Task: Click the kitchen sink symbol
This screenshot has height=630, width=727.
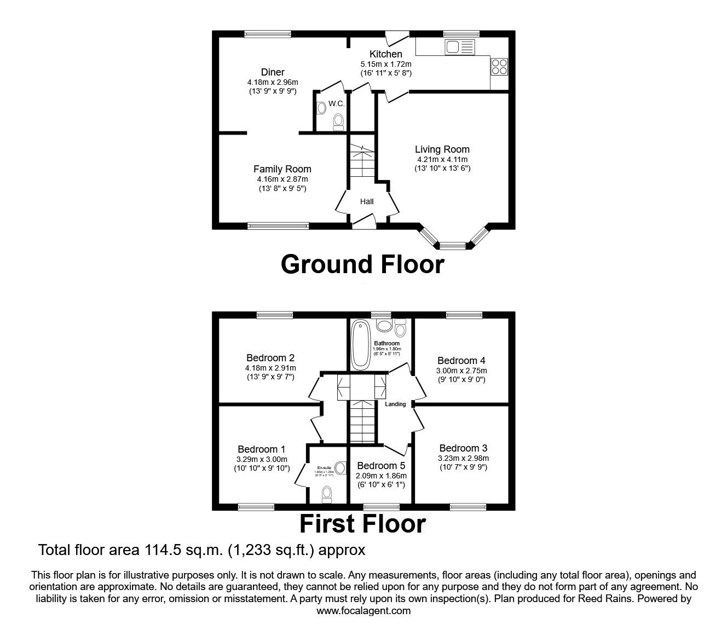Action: coord(459,47)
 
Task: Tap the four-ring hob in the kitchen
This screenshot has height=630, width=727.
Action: coord(499,66)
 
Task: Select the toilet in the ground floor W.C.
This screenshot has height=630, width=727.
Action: coord(338,120)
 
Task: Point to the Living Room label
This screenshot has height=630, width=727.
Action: coord(442,149)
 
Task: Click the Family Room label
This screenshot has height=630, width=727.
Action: coord(282,169)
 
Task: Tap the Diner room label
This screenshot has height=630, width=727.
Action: coord(272,72)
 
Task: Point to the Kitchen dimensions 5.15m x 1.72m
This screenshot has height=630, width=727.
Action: coord(385,64)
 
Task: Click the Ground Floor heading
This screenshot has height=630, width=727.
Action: coord(362,264)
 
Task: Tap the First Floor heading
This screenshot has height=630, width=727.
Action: coord(362,524)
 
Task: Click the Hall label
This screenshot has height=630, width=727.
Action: coord(367,201)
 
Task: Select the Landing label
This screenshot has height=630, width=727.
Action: coord(395,404)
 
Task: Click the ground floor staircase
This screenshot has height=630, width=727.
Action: coord(361,160)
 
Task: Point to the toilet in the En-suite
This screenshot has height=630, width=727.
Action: coord(327,495)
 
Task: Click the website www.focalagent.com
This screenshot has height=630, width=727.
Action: coord(363,611)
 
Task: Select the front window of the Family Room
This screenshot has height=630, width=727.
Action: coord(278,226)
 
